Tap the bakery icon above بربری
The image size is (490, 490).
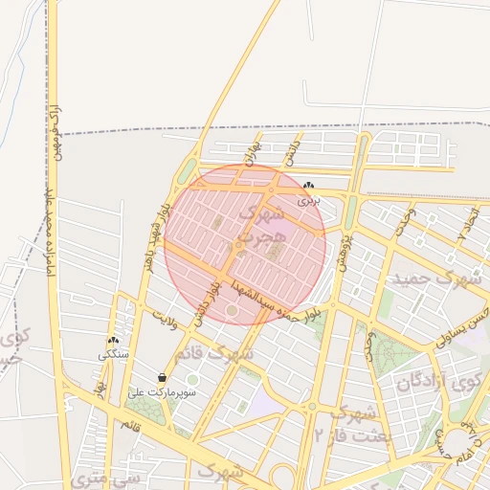[x=308, y=186]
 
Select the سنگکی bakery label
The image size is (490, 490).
[x=112, y=355]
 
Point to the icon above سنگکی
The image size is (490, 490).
[x=113, y=341]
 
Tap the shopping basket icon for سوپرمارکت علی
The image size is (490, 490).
[x=162, y=377]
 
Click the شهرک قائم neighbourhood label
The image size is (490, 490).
[x=229, y=355]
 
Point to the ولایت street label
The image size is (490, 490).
[x=166, y=312]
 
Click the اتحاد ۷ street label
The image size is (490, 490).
[x=467, y=223]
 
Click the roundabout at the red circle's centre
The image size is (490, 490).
[x=237, y=246]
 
